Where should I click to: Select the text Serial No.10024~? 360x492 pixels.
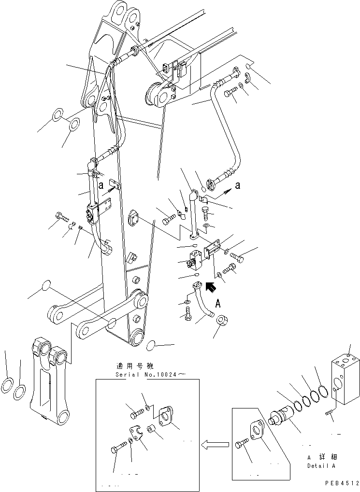[143, 374]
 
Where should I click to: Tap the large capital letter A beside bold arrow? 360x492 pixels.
[218, 304]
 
